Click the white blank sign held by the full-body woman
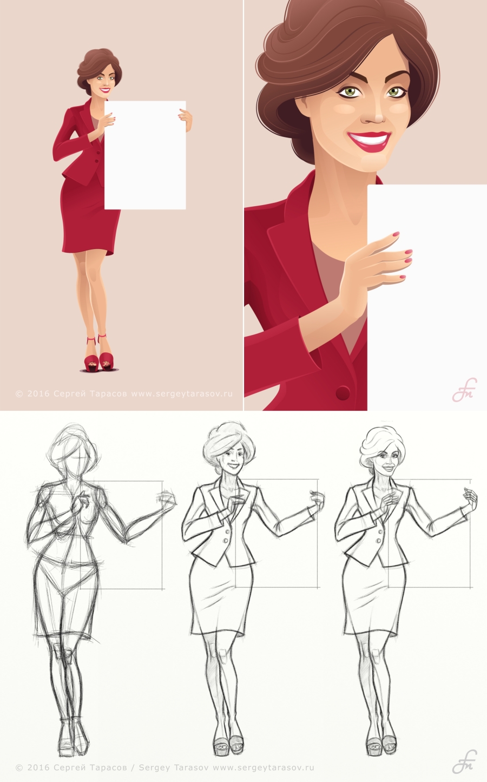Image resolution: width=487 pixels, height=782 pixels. (145, 155)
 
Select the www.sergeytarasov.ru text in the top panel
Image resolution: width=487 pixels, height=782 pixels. (181, 393)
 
